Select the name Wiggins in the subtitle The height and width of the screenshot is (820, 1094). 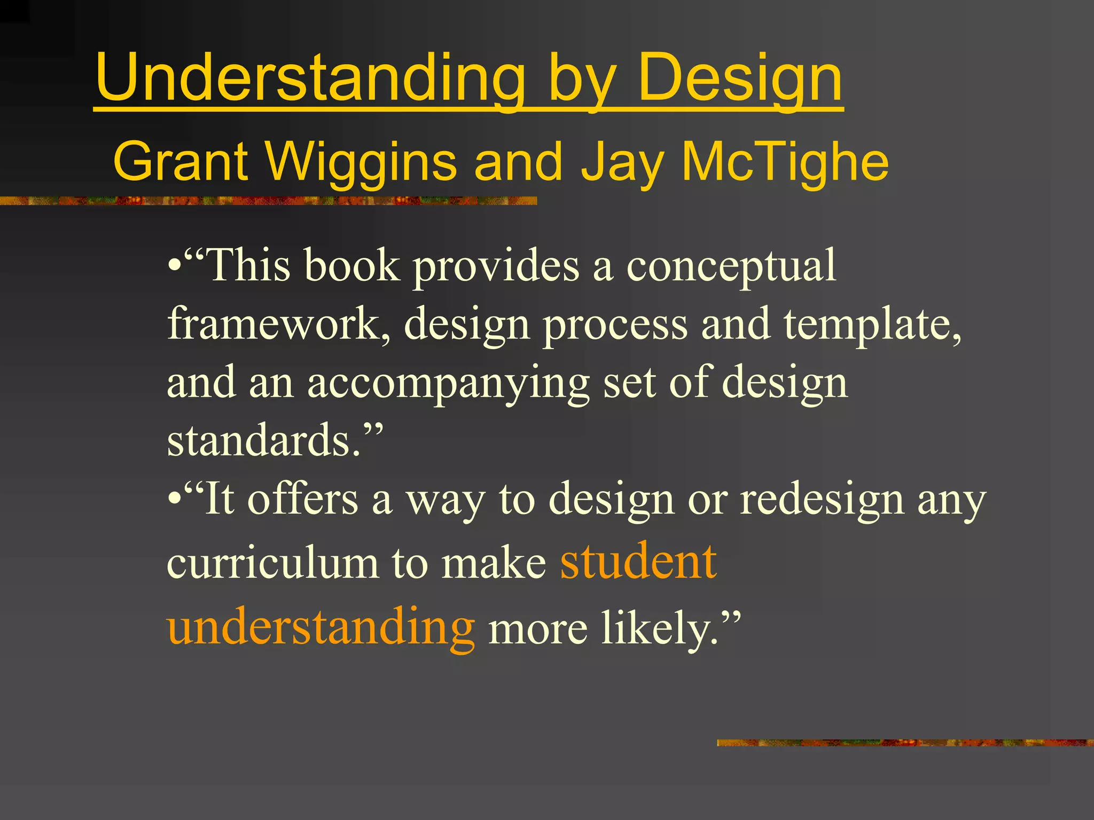pyautogui.click(x=361, y=161)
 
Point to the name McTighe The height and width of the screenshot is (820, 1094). pyautogui.click(x=785, y=161)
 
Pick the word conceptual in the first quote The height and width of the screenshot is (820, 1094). pyautogui.click(x=731, y=265)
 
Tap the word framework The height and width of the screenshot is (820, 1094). pyautogui.click(x=278, y=324)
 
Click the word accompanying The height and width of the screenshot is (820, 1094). pyautogui.click(x=448, y=383)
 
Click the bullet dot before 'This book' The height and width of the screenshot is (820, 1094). pyautogui.click(x=173, y=265)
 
